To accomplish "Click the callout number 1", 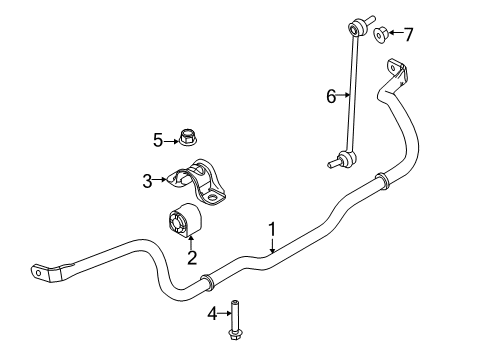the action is [272, 229].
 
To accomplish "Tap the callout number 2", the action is [192, 258].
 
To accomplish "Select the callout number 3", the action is [147, 181].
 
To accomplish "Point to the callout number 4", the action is [213, 314].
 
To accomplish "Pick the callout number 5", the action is [158, 140].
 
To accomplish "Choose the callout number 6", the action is [331, 96].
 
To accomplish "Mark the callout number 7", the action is [409, 34].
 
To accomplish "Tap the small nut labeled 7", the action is [380, 35].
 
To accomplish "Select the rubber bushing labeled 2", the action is [183, 221].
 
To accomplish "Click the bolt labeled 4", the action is [234, 320].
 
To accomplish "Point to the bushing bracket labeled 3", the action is [197, 182].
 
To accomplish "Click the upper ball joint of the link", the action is [357, 27].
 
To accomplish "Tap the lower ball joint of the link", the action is [346, 157].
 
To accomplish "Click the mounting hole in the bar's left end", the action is [38, 273].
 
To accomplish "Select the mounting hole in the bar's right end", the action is [393, 68].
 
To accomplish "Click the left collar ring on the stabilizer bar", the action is [207, 283].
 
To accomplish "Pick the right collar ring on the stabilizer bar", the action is [383, 181].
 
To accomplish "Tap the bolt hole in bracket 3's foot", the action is [211, 197].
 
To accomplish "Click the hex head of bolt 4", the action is [235, 335].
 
